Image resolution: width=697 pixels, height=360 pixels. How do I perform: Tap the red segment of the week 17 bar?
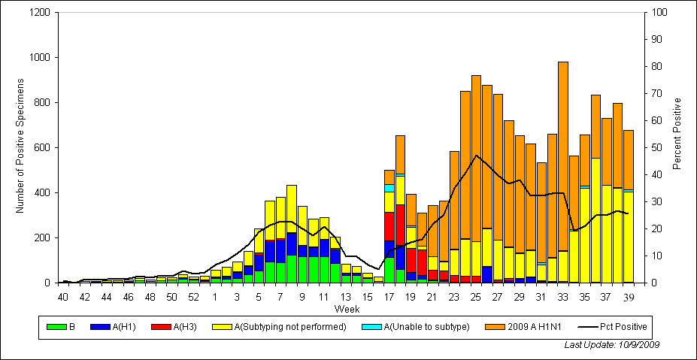(x=389, y=226)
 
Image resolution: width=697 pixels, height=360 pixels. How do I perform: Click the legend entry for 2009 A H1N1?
(x=526, y=327)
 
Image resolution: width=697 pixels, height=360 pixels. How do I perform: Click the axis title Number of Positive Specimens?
(x=20, y=148)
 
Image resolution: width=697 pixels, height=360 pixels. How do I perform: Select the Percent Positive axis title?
(x=677, y=133)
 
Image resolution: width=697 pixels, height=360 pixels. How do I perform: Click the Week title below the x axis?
(x=347, y=309)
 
